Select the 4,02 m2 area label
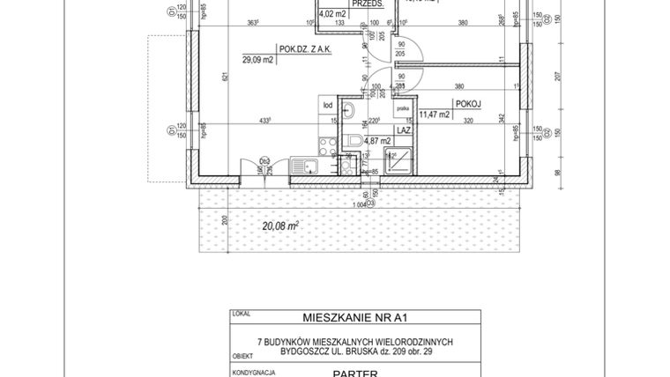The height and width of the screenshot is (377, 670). [331, 14]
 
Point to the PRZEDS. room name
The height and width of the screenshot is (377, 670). [364, 4]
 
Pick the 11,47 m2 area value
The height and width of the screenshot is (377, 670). [435, 115]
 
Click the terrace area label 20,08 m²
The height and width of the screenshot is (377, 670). [280, 225]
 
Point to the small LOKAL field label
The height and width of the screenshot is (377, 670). [239, 311]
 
